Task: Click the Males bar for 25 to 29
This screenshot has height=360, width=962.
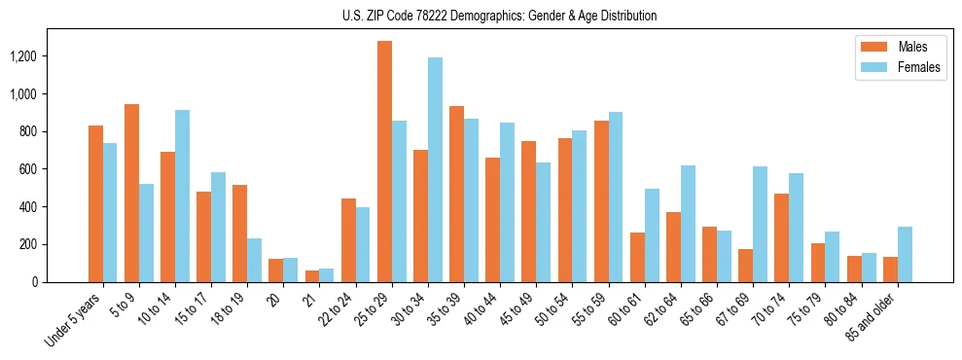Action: point(384,162)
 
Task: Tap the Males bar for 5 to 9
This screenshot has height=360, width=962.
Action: point(131,193)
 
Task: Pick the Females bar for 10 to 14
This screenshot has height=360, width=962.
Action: point(182,196)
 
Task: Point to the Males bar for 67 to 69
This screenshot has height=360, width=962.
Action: point(746,265)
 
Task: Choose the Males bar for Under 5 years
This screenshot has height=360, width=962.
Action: point(95,203)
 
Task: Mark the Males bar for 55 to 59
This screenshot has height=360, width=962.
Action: point(601,201)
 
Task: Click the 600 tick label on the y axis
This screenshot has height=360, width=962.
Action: point(55,169)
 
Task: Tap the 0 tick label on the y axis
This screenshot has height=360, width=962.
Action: point(60,282)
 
